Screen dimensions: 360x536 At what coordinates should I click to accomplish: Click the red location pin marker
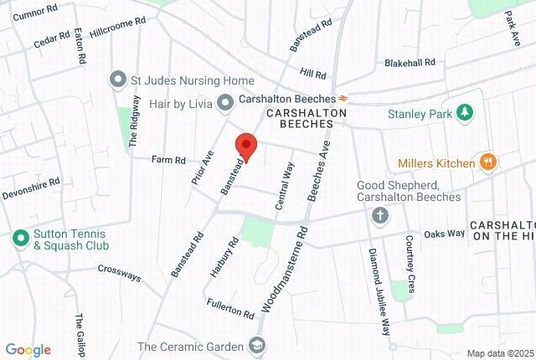pyautogui.click(x=245, y=147)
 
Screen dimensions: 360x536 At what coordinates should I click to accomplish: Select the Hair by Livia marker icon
pyautogui.click(x=224, y=102)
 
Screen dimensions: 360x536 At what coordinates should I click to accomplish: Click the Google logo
pyautogui.click(x=28, y=350)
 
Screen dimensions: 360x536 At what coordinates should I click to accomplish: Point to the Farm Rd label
pyautogui.click(x=167, y=159)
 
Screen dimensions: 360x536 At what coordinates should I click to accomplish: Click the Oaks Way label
pyautogui.click(x=444, y=234)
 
